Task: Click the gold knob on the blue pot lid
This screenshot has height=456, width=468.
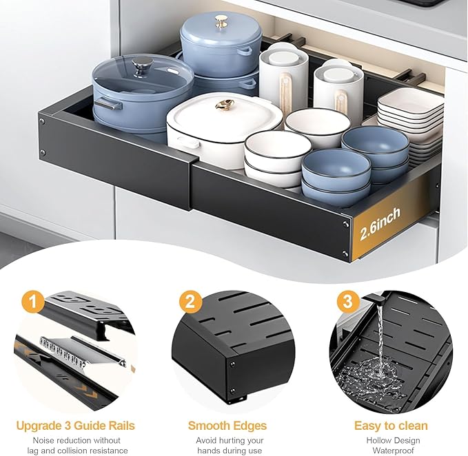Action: coord(221,21)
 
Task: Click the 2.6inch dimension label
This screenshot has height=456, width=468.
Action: coord(380,224)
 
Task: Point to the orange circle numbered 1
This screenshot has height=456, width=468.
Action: coord(33,302)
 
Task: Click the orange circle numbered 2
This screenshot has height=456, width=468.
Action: coord(190,302)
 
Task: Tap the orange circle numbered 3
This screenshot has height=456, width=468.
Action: coord(347,302)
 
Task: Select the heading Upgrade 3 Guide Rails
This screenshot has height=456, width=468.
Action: coord(76,426)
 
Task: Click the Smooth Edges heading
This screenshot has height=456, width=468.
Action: coord(227,426)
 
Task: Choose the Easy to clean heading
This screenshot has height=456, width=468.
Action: coord(391,426)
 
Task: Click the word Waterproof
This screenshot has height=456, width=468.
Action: coord(393,450)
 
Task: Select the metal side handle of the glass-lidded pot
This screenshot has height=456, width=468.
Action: coord(108,104)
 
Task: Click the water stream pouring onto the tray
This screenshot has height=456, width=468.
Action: coord(380,334)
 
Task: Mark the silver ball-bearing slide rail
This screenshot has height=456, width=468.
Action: coord(82,352)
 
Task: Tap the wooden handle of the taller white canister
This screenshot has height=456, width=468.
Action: coord(285,90)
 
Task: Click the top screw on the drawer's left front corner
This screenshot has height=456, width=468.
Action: coord(42,121)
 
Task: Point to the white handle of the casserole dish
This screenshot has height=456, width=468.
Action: coord(188,143)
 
